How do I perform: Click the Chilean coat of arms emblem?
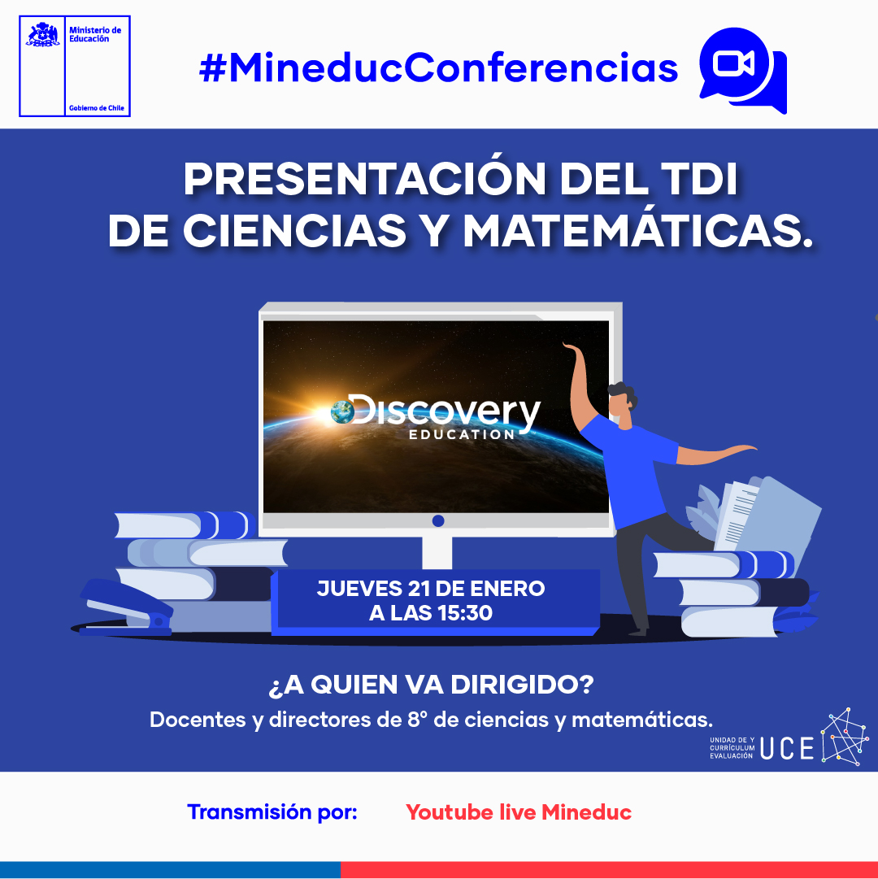[42, 35]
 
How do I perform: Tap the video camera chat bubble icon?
[743, 70]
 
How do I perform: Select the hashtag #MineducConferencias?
[439, 67]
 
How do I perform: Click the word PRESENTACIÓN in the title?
[365, 180]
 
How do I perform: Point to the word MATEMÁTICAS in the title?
[638, 230]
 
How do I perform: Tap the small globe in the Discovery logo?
[342, 411]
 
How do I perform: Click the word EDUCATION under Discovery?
[462, 434]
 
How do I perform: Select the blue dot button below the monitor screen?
[438, 520]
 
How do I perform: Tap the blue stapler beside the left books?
[126, 608]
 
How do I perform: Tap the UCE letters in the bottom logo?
[787, 748]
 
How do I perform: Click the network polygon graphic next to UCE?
[845, 737]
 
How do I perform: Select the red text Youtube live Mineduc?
[519, 812]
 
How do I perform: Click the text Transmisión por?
[272, 812]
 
